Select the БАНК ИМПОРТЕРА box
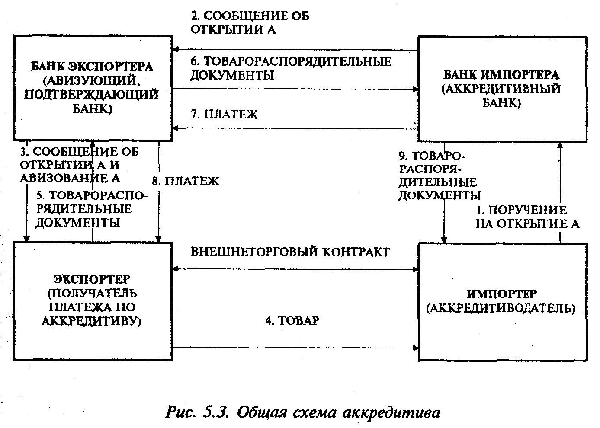pyautogui.click(x=502, y=89)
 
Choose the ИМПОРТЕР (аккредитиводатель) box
pyautogui.click(x=502, y=301)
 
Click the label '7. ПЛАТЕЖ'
pyautogui.click(x=224, y=114)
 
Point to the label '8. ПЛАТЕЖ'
pyautogui.click(x=186, y=181)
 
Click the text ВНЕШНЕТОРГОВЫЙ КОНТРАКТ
pyautogui.click(x=290, y=252)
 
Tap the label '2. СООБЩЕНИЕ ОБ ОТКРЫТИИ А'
pyautogui.click(x=250, y=23)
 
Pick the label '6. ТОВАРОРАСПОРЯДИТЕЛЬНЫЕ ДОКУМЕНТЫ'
pyautogui.click(x=291, y=68)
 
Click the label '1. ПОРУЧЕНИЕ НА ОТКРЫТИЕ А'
pyautogui.click(x=527, y=217)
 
